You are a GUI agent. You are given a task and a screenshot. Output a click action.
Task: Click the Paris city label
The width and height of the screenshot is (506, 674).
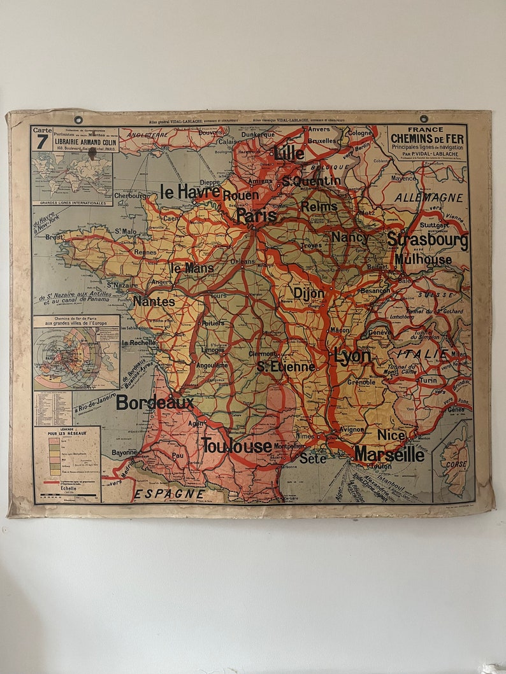[256, 216]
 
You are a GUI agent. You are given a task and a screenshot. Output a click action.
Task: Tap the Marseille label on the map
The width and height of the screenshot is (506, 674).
[389, 454]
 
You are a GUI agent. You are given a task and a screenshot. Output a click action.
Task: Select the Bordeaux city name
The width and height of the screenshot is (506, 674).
[155, 402]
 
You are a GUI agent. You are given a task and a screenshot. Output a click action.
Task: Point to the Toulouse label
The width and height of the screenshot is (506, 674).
[236, 446]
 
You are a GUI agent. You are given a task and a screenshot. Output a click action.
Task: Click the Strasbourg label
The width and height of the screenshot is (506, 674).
[427, 241]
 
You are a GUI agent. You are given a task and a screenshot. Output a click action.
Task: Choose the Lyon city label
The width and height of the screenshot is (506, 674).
[352, 356]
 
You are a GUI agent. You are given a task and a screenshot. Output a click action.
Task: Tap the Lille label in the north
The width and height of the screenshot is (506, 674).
[289, 153]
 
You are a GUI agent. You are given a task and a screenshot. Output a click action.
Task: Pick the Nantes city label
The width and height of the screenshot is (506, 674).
[154, 302]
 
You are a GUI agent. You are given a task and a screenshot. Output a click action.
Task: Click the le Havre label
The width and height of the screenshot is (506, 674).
[190, 191]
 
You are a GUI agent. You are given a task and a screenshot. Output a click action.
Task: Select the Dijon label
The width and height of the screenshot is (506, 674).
[308, 293]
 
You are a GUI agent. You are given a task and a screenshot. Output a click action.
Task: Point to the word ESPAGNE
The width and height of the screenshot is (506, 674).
[169, 493]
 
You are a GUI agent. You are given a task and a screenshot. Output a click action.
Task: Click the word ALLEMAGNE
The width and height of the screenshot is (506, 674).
[428, 198]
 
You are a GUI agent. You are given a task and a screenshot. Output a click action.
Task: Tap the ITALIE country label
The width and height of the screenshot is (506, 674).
[423, 354]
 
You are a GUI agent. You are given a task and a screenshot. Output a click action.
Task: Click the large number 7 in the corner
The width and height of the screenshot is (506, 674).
[42, 141]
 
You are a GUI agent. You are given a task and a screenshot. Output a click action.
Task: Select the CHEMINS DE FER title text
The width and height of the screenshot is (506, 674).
[428, 138]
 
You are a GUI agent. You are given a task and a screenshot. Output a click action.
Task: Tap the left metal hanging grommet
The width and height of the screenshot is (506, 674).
[78, 120]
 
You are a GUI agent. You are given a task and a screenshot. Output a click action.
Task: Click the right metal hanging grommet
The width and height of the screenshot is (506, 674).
[423, 118]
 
